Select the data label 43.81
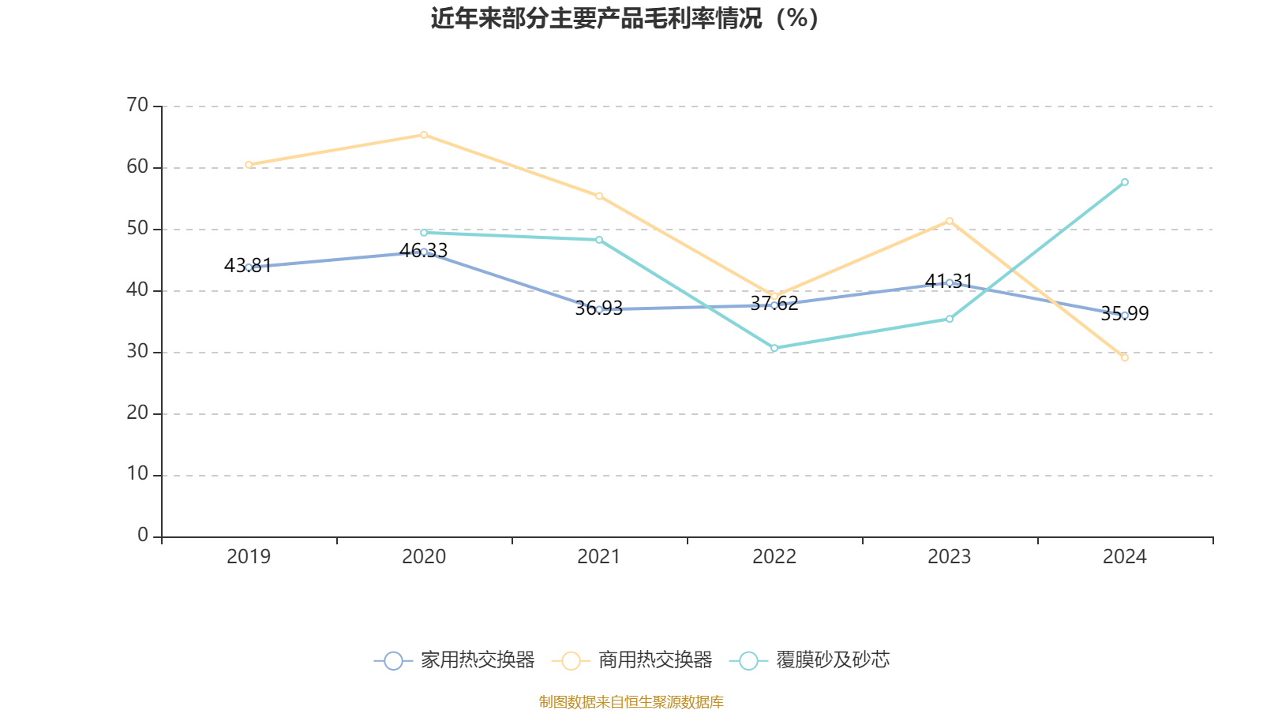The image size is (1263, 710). [x=247, y=266]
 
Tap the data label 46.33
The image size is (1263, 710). [x=423, y=251]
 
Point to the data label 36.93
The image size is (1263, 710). [x=598, y=308]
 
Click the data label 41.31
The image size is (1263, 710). [x=949, y=281]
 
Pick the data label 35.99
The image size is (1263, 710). [x=1125, y=314]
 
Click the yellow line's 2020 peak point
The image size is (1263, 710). [x=424, y=135]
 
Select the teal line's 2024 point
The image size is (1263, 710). [x=1125, y=182]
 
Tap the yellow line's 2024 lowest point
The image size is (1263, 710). [x=1125, y=357]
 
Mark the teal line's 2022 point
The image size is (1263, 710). [x=774, y=348]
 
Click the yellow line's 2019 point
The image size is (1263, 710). [x=249, y=165]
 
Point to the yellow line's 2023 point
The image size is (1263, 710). [x=950, y=221]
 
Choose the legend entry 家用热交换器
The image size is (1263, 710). [x=455, y=660]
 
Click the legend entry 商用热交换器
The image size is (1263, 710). [x=632, y=660]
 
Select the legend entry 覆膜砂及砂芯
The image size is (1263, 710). [x=811, y=660]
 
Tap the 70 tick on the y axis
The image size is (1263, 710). [x=137, y=106]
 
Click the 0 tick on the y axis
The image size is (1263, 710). [x=143, y=536]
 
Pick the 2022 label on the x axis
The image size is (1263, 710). [x=774, y=557]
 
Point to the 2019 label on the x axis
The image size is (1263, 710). [x=249, y=557]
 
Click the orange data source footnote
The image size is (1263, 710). [x=631, y=701]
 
